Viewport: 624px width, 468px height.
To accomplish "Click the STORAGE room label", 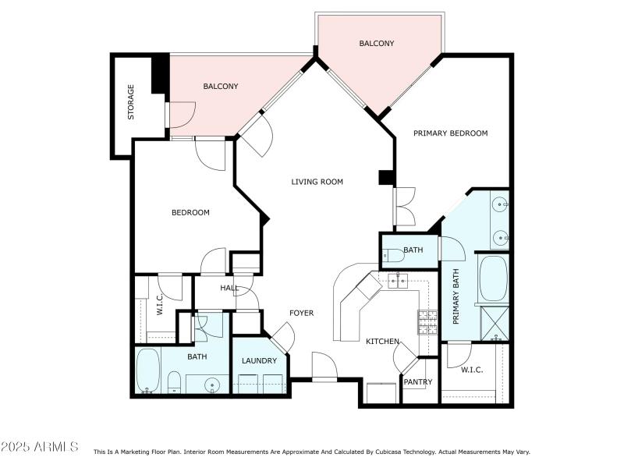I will point(131,102).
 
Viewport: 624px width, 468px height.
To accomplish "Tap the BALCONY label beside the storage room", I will point(221,87).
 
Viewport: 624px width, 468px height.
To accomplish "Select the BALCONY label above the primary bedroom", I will point(377,44).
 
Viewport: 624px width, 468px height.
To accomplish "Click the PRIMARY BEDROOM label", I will point(450,133).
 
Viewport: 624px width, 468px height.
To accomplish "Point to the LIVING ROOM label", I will point(317,182).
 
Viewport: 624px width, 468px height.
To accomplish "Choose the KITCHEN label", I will point(383,342).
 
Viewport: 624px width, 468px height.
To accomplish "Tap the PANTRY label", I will point(417,382).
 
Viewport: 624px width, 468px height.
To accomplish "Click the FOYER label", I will point(302,313).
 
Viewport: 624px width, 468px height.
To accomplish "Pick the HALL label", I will point(229,288).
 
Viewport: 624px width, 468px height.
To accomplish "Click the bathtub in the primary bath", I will point(493,278).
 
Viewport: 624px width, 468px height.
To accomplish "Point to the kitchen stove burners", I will point(428,322).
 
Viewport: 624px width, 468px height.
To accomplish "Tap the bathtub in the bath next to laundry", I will point(147,370).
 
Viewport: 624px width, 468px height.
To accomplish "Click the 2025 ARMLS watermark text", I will point(41,447).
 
